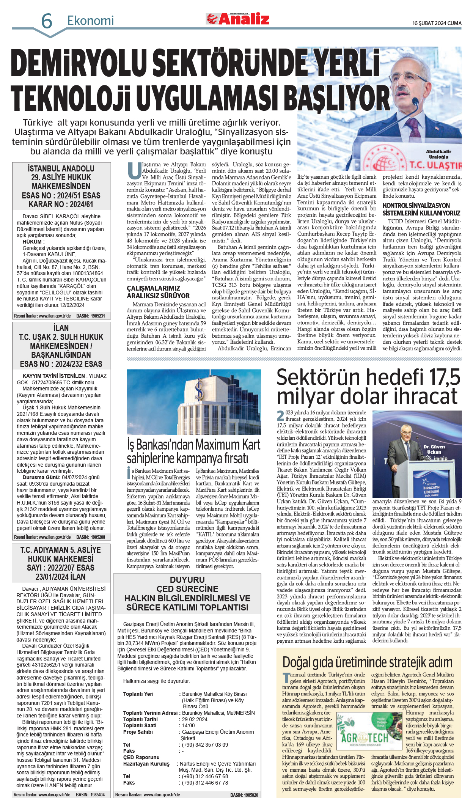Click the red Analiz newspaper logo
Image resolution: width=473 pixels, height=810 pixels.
pos(238,19)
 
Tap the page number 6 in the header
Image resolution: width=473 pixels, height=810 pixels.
pos(46,21)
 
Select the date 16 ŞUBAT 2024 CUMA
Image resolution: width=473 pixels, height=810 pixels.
pos(437,23)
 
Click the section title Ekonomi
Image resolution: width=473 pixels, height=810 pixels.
pos(90,20)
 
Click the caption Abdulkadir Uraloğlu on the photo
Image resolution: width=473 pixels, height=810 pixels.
pos(438,154)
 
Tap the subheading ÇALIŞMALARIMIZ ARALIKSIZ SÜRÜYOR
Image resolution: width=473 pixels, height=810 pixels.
pos(158,292)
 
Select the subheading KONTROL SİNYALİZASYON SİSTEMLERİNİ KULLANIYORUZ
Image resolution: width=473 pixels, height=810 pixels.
pos(421,209)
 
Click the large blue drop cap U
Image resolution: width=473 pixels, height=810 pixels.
pos(134,171)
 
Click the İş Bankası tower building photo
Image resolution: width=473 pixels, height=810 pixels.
pos(194,402)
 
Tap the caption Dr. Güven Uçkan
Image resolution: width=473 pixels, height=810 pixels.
pos(434,449)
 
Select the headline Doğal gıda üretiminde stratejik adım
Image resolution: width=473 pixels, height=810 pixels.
pos(367,662)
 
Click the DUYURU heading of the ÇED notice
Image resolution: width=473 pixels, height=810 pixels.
pos(187,580)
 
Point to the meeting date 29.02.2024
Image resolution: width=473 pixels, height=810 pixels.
pos(195,719)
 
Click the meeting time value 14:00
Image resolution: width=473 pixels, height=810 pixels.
pos(188,725)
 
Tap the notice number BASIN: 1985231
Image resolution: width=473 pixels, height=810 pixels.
pos(91,316)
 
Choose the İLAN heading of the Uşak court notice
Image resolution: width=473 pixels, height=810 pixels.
pos(61,328)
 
